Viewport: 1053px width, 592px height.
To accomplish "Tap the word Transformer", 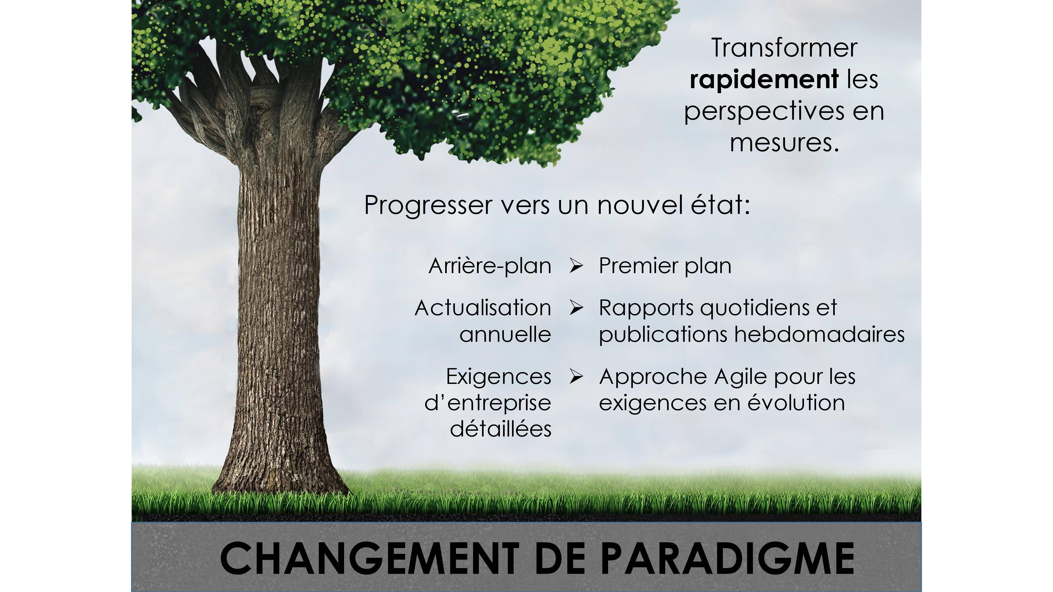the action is (784, 48).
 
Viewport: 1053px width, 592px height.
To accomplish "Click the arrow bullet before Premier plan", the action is (576, 266).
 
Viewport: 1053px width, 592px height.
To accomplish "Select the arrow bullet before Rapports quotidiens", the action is (576, 308).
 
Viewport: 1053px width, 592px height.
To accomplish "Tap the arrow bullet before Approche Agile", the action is (576, 376).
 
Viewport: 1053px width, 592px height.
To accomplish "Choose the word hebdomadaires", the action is (819, 334).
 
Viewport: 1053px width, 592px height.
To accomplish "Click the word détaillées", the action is (501, 429).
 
